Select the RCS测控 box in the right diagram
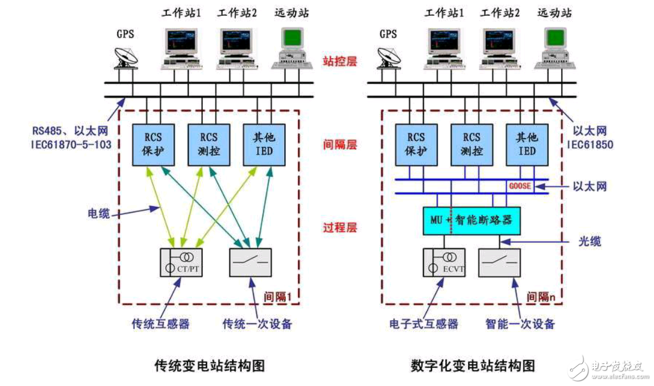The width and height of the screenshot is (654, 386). point(471,144)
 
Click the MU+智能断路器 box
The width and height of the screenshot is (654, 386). point(472,221)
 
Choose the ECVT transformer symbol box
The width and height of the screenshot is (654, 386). point(447,263)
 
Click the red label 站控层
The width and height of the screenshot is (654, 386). point(339,61)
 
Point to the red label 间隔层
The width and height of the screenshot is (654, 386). point(339,144)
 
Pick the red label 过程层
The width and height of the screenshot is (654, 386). point(339,228)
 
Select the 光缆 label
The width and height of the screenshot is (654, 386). point(588,241)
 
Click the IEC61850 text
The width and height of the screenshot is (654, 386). point(589,144)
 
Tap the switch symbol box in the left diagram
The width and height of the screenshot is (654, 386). point(251,263)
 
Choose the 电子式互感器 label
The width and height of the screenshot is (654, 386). point(423,324)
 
